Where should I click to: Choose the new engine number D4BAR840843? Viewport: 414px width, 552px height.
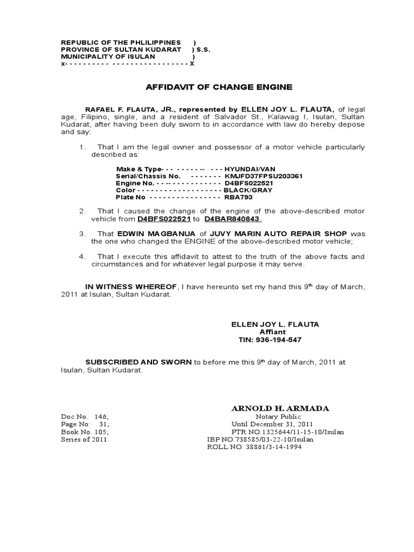(233, 219)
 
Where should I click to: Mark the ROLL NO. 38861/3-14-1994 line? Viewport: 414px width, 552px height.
(254, 447)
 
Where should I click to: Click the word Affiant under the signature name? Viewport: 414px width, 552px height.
(273, 332)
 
